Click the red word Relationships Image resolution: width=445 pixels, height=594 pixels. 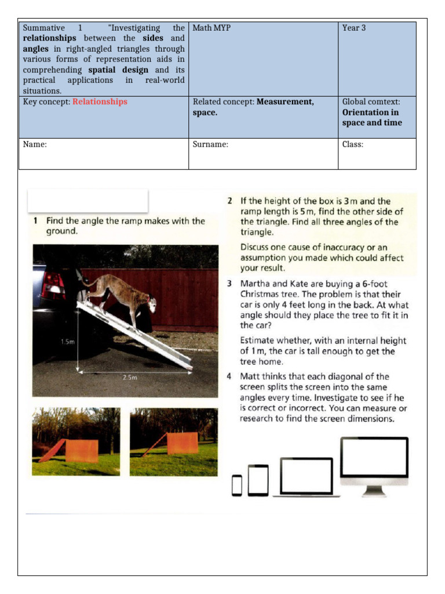[x=100, y=102]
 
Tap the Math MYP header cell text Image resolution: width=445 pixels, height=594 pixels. [x=211, y=28]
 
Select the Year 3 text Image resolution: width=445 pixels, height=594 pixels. [x=353, y=28]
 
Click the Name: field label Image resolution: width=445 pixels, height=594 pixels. [x=35, y=144]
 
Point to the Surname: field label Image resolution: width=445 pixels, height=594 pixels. [x=210, y=144]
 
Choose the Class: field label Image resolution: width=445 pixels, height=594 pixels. [x=352, y=144]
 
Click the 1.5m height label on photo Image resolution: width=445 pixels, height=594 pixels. [x=68, y=342]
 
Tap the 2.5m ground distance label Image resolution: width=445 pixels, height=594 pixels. [x=130, y=377]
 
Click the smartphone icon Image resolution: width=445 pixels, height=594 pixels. [x=236, y=485]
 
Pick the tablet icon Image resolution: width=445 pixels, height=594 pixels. [x=258, y=480]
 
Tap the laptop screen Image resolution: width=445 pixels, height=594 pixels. [x=306, y=476]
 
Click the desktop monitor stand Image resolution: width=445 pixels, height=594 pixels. [x=374, y=490]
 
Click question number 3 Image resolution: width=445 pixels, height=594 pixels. [x=229, y=284]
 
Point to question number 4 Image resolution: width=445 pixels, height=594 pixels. [x=229, y=376]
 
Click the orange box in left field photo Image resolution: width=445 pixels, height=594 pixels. [x=82, y=451]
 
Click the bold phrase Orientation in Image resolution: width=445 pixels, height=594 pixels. [x=370, y=113]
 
